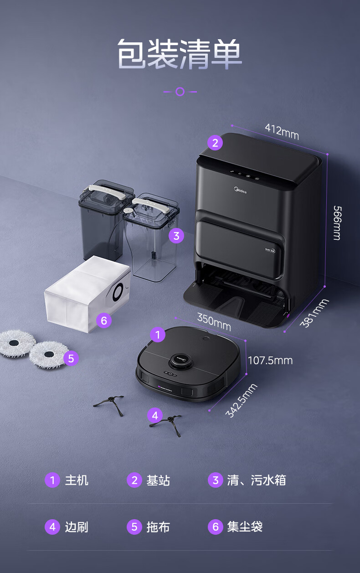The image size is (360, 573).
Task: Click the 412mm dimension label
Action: coord(282,131)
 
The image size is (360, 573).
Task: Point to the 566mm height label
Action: coord(337,223)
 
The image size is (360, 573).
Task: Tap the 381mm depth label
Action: coord(314,313)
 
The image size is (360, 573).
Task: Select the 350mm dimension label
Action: coord(214,322)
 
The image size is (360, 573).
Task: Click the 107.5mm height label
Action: coord(270,361)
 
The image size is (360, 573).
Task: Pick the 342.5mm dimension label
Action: coord(242,400)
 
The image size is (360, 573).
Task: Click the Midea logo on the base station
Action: coord(240,190)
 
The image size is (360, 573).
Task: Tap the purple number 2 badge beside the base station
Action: coord(215,143)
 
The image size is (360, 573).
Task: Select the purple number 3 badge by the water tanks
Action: coord(176,236)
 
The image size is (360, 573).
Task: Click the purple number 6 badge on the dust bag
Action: coord(104,320)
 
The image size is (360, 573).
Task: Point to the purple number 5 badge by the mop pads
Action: coord(71,358)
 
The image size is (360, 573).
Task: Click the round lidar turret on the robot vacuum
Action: coord(180,361)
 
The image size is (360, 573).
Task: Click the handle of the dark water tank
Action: coord(107,192)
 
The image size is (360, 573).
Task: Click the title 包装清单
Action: coord(180,54)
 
